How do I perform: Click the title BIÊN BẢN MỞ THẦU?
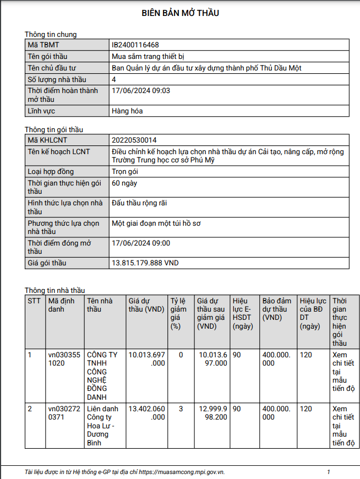tap(180, 13)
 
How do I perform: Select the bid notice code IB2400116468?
tap(135, 45)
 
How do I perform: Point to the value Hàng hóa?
tap(127, 111)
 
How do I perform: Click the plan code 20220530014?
tap(138, 140)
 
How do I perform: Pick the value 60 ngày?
tap(124, 182)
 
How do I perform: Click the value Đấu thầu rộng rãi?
tap(139, 203)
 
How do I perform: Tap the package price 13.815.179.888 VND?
tap(145, 263)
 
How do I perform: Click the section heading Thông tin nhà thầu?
tap(55, 290)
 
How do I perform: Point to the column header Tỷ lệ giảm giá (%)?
tap(177, 313)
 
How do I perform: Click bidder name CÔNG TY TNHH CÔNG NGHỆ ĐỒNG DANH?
tap(102, 375)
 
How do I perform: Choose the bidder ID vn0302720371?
tap(64, 413)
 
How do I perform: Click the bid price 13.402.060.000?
tap(146, 413)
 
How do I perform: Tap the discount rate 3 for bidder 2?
tap(181, 409)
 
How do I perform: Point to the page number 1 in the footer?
tap(329, 472)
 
